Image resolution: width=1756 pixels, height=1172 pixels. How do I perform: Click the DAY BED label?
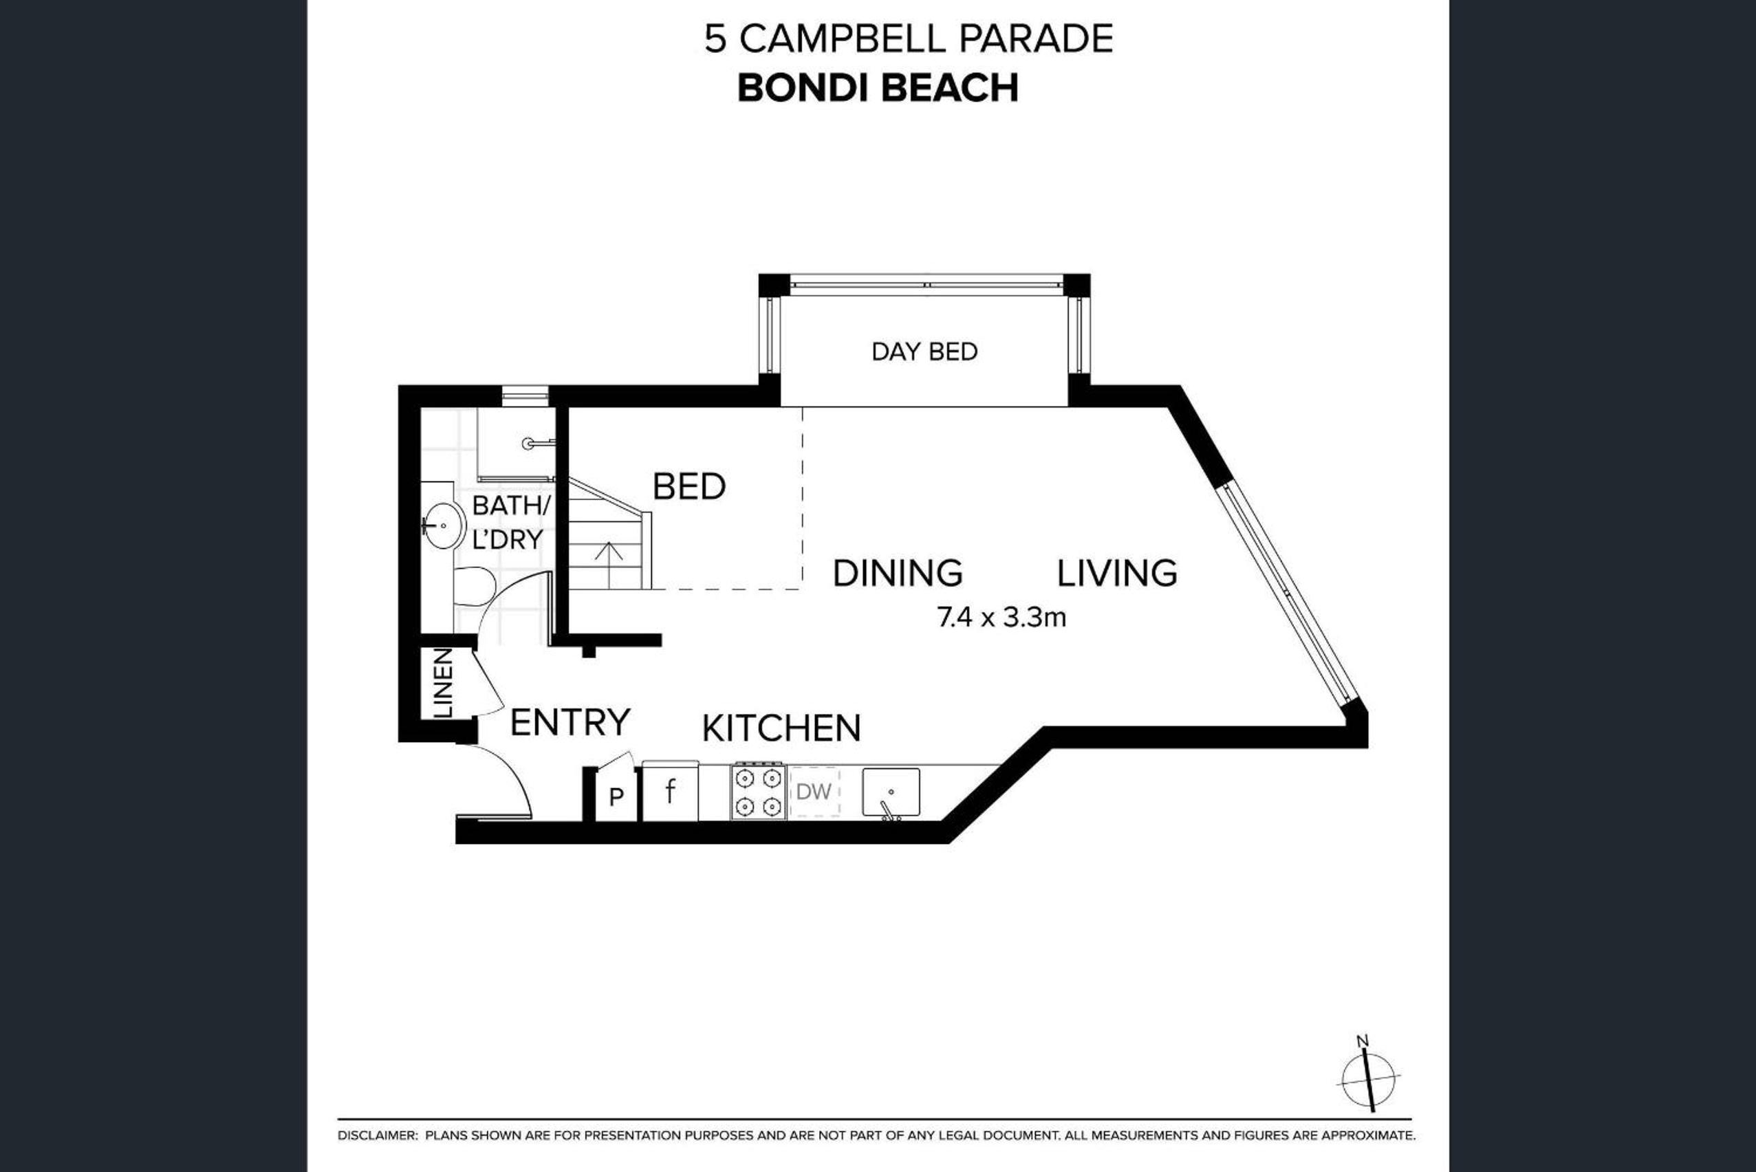point(924,351)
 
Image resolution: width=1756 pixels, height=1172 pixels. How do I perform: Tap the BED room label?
point(689,486)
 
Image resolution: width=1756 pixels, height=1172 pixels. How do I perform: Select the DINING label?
point(897,574)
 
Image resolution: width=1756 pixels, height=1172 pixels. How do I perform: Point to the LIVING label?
point(1117,574)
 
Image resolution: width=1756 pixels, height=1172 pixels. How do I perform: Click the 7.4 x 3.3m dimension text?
point(1001,618)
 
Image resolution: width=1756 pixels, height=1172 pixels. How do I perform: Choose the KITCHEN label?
point(781,728)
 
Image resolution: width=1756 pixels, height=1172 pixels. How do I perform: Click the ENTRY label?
point(570,722)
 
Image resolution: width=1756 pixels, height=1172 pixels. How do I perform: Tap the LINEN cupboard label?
point(442,683)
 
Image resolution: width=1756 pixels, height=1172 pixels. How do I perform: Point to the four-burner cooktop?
point(758,792)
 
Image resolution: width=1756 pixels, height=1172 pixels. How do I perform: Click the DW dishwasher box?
point(814,792)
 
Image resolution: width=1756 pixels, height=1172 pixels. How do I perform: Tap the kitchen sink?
point(891,792)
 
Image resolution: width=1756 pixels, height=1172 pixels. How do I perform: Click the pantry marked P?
point(616,796)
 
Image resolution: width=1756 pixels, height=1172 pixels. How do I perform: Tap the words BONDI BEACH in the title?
point(878,88)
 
